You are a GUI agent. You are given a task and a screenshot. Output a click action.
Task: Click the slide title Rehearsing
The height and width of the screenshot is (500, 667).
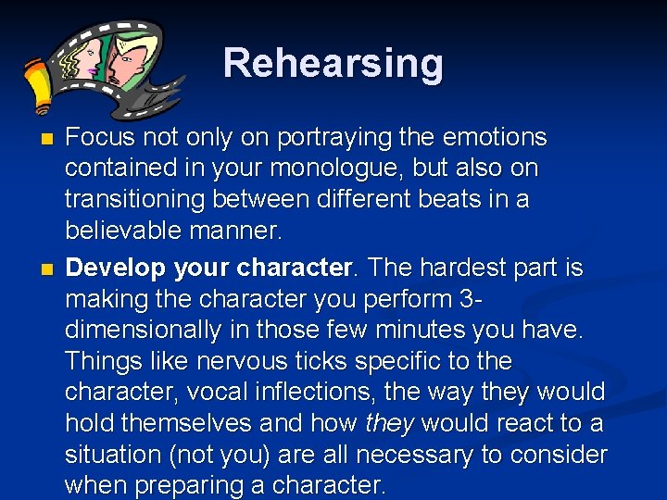click(333, 64)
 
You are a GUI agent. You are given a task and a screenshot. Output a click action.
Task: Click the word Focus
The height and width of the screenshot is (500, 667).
click(99, 138)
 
